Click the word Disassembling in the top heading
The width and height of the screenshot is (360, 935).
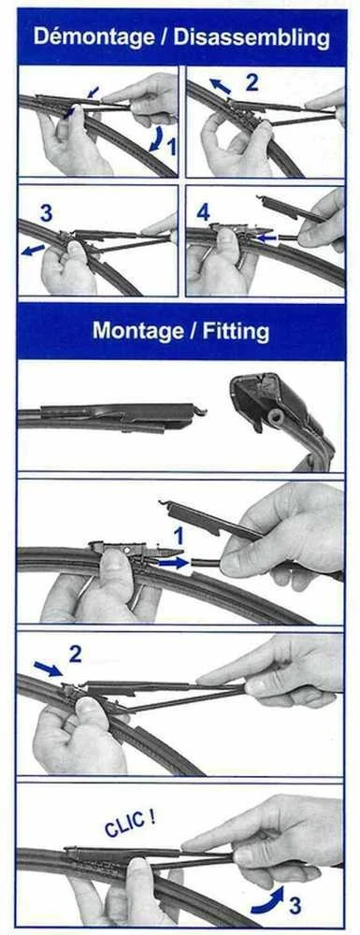(x=252, y=37)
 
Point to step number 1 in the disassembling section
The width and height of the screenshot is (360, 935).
(x=172, y=147)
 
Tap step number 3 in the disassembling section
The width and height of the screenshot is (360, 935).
(x=47, y=212)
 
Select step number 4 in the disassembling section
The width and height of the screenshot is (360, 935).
(x=203, y=212)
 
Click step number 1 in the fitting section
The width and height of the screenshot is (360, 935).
(x=179, y=536)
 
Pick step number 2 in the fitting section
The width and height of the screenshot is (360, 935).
(x=75, y=654)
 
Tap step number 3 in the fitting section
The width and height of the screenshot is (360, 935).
(x=295, y=906)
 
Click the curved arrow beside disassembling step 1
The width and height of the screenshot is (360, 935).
(x=156, y=138)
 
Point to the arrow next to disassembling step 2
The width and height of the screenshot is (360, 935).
(x=220, y=86)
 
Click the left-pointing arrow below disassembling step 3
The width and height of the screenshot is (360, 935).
(x=34, y=250)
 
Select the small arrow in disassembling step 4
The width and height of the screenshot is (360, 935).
(x=267, y=237)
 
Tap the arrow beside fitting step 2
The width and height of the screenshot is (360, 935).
(x=48, y=669)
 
